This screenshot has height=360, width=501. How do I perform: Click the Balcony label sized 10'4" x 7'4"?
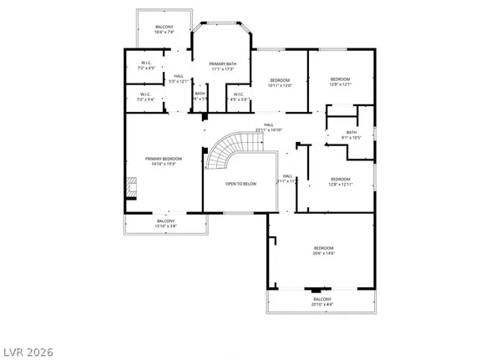pyautogui.click(x=164, y=30)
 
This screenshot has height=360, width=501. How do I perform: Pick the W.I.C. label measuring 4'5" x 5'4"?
pyautogui.click(x=238, y=96)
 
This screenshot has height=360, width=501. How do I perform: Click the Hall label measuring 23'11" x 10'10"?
pyautogui.click(x=270, y=128)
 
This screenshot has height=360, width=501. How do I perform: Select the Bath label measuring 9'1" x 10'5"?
pyautogui.click(x=352, y=134)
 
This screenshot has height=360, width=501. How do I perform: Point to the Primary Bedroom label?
pyautogui.click(x=163, y=161)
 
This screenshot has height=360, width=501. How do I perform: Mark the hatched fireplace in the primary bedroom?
pyautogui.click(x=129, y=186)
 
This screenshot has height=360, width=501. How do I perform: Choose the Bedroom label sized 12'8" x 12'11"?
pyautogui.click(x=340, y=181)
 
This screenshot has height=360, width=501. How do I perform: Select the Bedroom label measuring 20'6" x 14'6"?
pyautogui.click(x=323, y=251)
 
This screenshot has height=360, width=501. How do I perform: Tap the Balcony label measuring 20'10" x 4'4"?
pyautogui.click(x=321, y=302)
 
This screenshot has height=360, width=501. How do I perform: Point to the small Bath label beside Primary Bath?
pyautogui.click(x=200, y=96)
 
